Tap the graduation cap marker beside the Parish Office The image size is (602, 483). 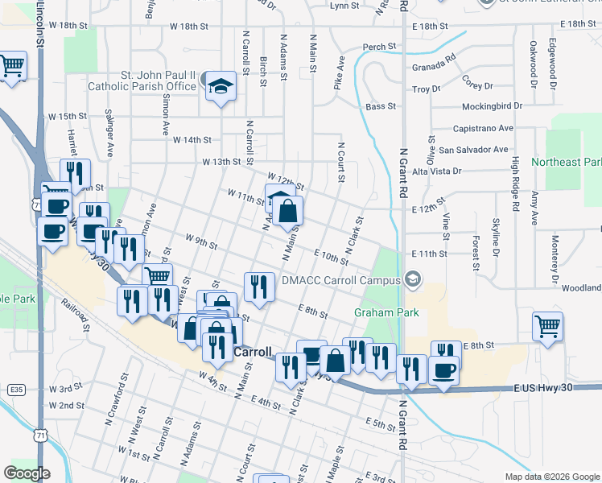[x=221, y=85]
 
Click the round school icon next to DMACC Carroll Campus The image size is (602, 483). [x=413, y=280]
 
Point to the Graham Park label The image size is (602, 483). [x=379, y=312]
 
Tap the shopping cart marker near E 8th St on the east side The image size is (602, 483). [x=547, y=327]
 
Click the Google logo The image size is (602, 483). [x=27, y=473]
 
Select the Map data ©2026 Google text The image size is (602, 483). [x=551, y=477]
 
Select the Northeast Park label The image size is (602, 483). [x=567, y=162]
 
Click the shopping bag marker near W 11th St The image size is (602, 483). [x=287, y=212]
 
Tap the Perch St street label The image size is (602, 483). [x=379, y=47]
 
